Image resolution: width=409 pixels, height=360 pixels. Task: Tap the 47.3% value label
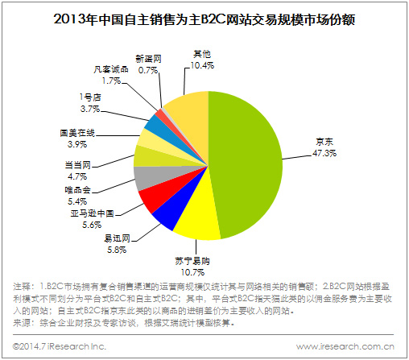[324, 153]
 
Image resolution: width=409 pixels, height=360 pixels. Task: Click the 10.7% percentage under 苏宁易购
[192, 272]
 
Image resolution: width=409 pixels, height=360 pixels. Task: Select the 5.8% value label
[117, 250]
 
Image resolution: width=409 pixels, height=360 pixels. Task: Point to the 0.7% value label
[148, 70]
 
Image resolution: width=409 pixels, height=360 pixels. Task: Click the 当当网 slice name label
[78, 165]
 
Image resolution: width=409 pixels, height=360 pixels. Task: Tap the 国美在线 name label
[77, 133]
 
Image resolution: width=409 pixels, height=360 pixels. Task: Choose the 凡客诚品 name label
[111, 69]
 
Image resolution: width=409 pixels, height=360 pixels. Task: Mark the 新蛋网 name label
[148, 59]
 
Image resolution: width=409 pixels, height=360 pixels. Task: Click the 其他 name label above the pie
[202, 54]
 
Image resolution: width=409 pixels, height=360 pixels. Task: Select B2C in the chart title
[213, 19]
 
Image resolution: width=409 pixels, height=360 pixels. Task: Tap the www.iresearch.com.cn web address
[345, 346]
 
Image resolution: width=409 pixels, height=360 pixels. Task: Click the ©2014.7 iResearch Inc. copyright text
[60, 346]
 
